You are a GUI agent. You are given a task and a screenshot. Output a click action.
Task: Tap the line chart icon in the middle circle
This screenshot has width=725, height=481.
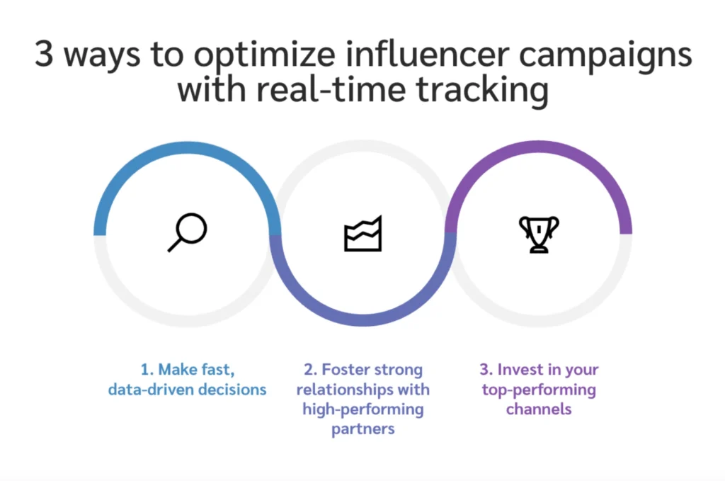362,233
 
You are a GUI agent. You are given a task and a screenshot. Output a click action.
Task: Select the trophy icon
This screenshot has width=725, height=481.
539,234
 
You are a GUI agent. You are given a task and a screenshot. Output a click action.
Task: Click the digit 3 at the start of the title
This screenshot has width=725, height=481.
44,55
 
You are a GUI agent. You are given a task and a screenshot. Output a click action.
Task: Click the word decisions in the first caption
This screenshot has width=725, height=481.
234,390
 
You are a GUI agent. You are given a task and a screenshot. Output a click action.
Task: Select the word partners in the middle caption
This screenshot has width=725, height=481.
362,429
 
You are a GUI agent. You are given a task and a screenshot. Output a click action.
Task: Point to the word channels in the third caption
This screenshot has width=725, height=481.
538,409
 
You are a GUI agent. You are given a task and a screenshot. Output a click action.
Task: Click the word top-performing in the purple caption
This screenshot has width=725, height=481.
538,390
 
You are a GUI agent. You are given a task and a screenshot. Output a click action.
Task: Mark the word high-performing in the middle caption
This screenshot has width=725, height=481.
362,409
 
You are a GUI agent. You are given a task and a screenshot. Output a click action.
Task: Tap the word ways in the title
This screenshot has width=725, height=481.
101,56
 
